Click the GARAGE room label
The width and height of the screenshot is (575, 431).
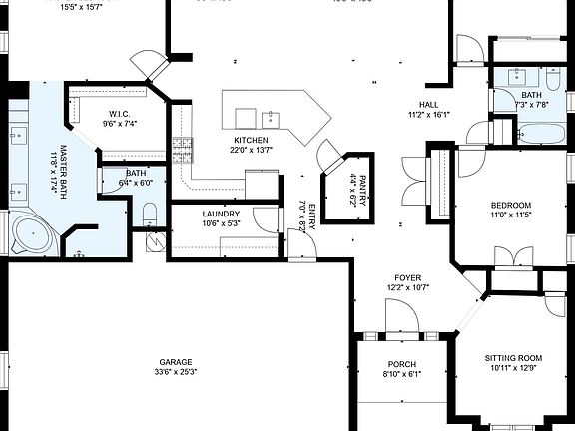point(174,362)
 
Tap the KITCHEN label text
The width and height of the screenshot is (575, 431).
point(251,140)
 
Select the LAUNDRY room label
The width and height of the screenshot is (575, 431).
point(220,214)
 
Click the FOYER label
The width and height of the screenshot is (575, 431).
point(406,278)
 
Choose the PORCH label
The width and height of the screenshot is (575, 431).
point(402,364)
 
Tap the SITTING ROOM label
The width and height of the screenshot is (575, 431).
point(513,357)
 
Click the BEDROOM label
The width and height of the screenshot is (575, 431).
point(510,205)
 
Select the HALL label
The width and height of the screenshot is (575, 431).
point(429,105)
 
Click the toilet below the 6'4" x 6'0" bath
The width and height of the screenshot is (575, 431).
point(150,213)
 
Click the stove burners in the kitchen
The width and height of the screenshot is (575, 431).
point(182,151)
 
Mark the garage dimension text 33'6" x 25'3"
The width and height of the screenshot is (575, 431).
point(174,372)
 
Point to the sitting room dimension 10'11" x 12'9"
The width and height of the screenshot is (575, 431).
point(513,367)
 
